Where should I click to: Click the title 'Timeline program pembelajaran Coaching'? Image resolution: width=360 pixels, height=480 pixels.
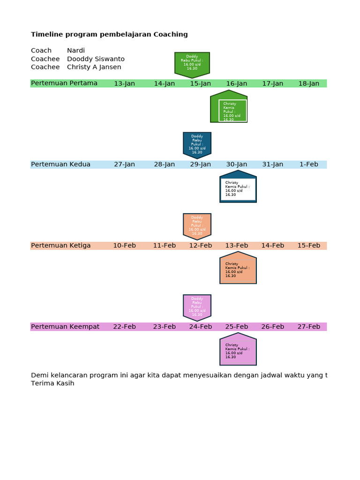pyautogui.click(x=109, y=34)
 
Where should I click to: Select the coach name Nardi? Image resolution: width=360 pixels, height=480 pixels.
pyautogui.click(x=76, y=51)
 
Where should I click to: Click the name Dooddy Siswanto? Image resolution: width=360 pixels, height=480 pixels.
pyautogui.click(x=96, y=59)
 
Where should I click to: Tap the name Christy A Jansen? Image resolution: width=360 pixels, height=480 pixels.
pyautogui.click(x=94, y=67)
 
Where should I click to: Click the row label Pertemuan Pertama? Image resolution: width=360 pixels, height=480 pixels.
pyautogui.click(x=64, y=83)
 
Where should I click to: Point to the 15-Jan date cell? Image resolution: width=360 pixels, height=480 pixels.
pyautogui.click(x=200, y=83)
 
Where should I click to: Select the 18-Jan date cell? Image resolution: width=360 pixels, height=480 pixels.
pyautogui.click(x=308, y=83)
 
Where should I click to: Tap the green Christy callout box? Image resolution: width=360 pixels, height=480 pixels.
pyautogui.click(x=229, y=108)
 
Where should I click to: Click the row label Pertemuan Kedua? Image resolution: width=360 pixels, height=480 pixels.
pyautogui.click(x=60, y=165)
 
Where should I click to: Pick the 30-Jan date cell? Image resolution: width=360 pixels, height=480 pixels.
pyautogui.click(x=237, y=165)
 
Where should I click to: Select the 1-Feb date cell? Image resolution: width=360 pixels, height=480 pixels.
pyautogui.click(x=308, y=165)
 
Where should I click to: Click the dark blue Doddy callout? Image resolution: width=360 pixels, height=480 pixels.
pyautogui.click(x=197, y=144)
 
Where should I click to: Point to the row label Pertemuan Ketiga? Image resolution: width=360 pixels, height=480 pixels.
pyautogui.click(x=61, y=246)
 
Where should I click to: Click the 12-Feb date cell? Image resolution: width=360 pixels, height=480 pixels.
pyautogui.click(x=201, y=246)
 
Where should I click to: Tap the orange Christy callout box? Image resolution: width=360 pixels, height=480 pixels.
pyautogui.click(x=238, y=269)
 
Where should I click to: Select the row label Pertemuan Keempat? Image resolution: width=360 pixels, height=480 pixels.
pyautogui.click(x=65, y=327)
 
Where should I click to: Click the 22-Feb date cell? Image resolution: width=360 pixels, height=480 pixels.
pyautogui.click(x=124, y=327)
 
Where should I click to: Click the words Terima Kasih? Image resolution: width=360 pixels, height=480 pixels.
pyautogui.click(x=52, y=383)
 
